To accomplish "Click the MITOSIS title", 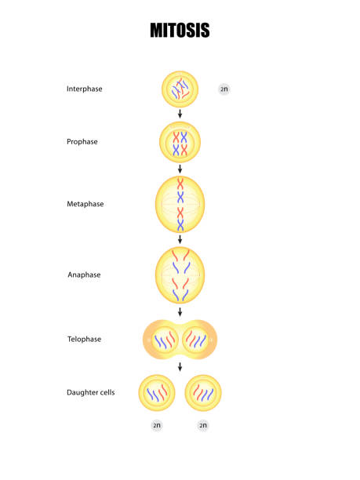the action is tap(180, 31).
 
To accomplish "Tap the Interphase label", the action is tap(85, 89).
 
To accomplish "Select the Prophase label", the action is tap(82, 142).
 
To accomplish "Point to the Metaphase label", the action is tap(85, 204).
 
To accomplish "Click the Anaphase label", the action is tap(84, 275).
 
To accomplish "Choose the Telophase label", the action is tap(84, 339).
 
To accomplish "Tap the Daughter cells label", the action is tap(91, 392).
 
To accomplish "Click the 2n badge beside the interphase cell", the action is tap(224, 89).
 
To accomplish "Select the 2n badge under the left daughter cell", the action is tap(157, 426).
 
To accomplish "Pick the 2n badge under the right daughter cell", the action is tap(203, 426).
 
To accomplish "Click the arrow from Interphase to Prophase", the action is tap(180, 114).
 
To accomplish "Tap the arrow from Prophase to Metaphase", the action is tap(180, 169).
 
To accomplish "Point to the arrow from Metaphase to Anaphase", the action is tap(180, 239).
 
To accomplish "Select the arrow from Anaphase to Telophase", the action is tap(180, 312).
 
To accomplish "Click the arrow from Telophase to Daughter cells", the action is tap(180, 367).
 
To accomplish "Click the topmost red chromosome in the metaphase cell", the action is tap(180, 184).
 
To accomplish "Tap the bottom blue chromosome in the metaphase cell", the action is tap(180, 225).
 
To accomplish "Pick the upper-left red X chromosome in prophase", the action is tap(176, 137).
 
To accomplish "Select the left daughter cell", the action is tap(157, 393).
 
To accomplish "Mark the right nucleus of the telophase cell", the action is tap(195, 340).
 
